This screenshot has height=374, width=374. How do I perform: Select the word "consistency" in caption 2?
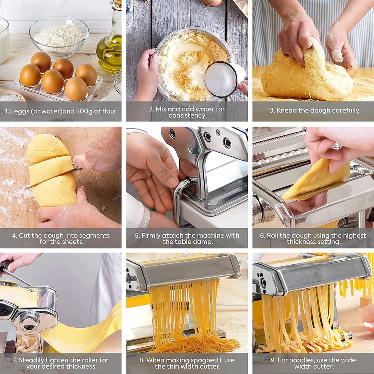click(x=187, y=116)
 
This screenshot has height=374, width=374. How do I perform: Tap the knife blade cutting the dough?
click(x=54, y=177)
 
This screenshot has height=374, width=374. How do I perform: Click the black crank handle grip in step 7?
click(x=4, y=266)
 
